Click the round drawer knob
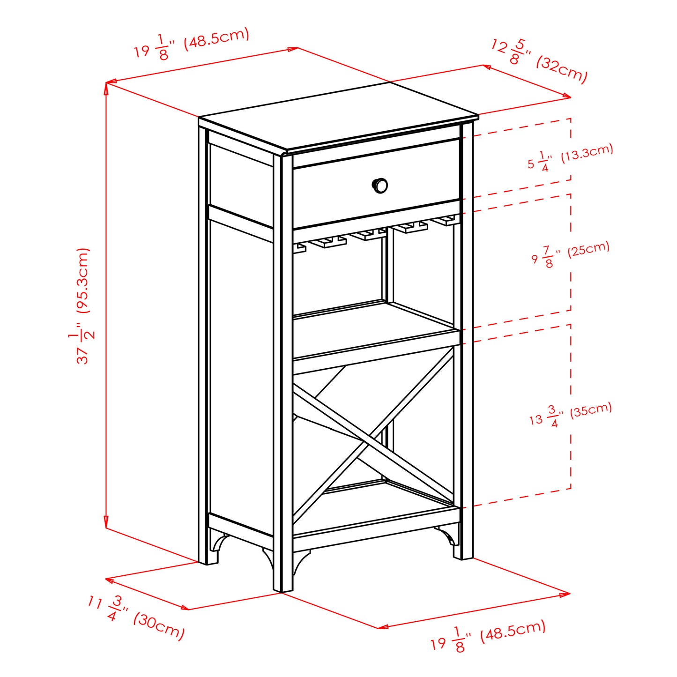[380, 186]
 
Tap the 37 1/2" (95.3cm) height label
[83, 306]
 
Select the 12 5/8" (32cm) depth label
[539, 61]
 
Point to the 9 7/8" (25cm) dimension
[570, 254]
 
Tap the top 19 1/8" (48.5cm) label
[192, 44]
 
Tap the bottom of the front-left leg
[283, 588]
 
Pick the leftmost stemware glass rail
[300, 247]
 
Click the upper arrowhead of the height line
[106, 87]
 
